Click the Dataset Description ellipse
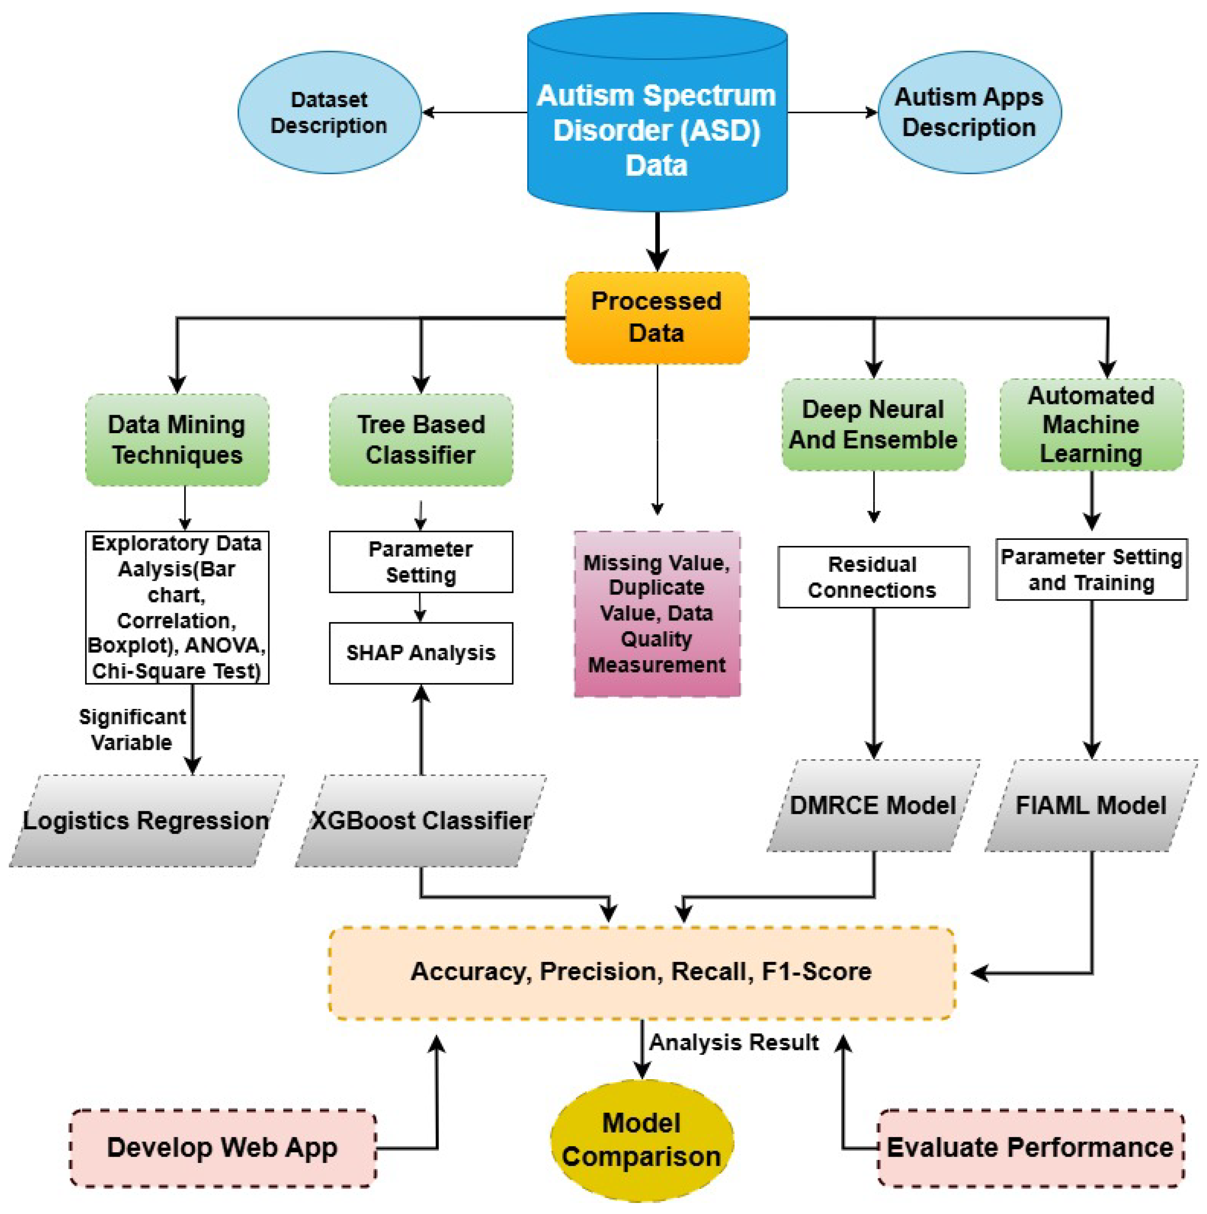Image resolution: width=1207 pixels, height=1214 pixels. [329, 112]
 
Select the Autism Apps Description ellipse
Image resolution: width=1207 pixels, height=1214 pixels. [969, 112]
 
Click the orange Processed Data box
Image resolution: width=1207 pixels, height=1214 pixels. [657, 317]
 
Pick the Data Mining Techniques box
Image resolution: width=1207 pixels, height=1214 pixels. [177, 439]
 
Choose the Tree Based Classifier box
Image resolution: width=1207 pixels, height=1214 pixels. [421, 439]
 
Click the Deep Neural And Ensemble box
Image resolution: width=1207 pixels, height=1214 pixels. [873, 425]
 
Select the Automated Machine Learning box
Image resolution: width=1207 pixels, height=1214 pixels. [1092, 425]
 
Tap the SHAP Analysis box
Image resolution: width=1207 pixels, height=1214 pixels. [421, 653]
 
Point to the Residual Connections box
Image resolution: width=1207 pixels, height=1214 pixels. [873, 577]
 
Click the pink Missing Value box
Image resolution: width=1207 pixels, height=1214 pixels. [657, 614]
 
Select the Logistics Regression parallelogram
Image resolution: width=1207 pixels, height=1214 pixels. [146, 820]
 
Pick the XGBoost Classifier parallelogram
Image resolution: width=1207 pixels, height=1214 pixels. [421, 820]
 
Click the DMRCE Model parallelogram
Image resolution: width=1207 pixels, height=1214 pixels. [873, 806]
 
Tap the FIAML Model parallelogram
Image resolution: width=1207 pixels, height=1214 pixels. [1092, 806]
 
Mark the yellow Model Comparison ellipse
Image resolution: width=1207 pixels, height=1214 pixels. [642, 1140]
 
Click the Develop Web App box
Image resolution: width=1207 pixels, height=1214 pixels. [223, 1147]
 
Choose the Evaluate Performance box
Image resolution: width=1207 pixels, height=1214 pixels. [1030, 1147]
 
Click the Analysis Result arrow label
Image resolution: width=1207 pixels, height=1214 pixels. [734, 1043]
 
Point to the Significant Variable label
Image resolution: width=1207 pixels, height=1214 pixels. [132, 730]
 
